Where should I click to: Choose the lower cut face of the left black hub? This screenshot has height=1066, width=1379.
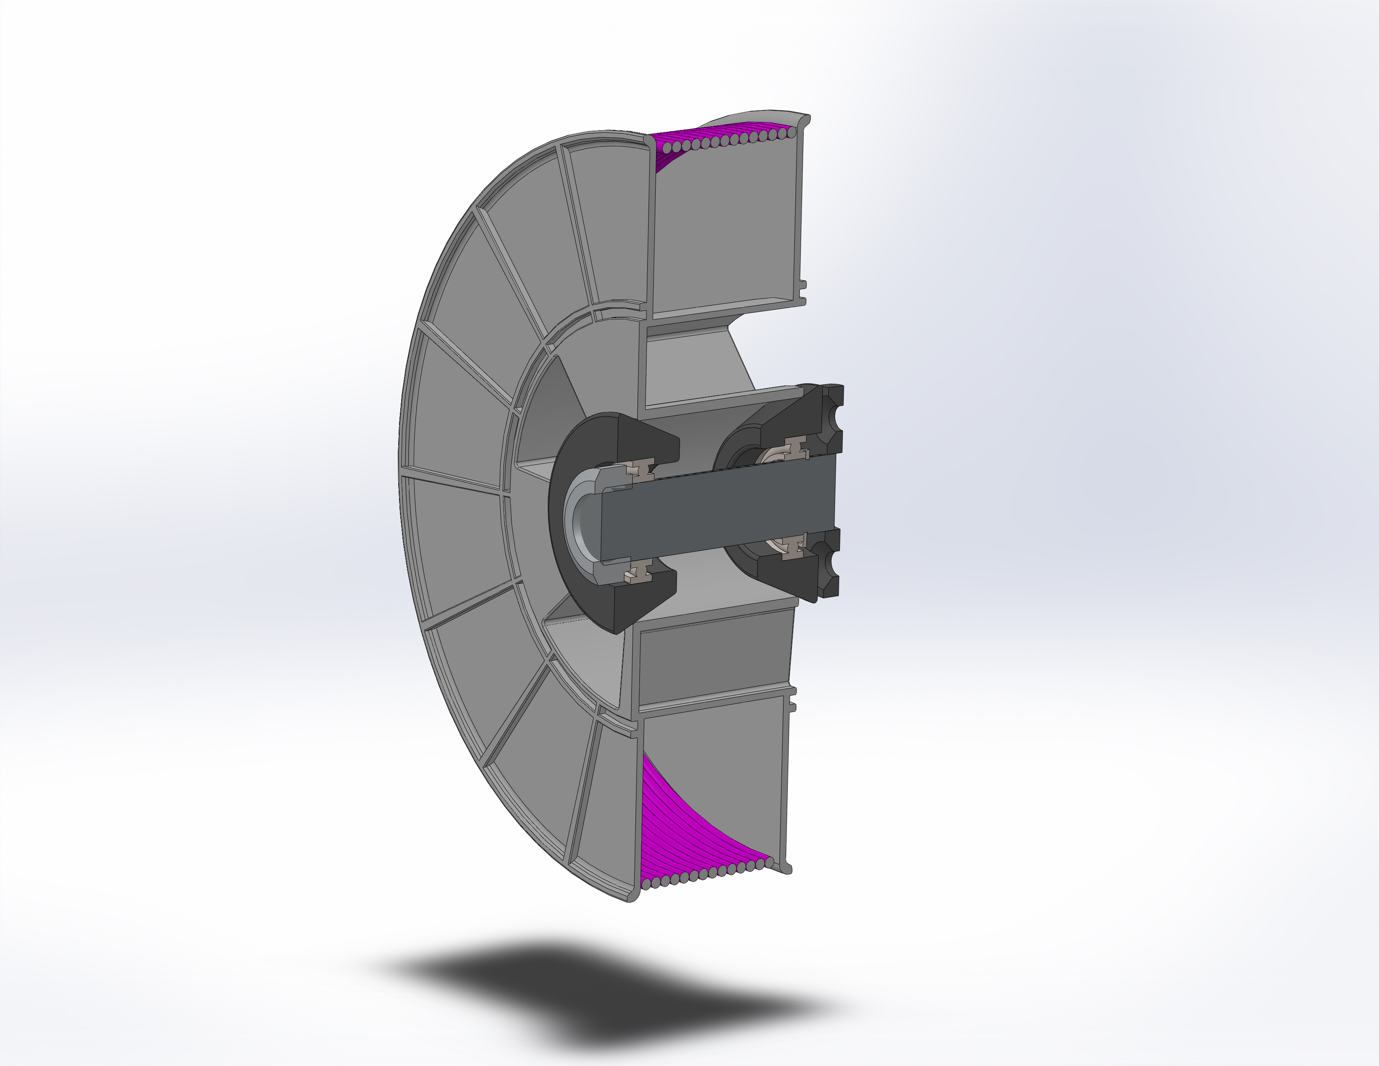(x=644, y=600)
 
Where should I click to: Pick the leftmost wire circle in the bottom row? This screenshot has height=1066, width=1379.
(x=648, y=880)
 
